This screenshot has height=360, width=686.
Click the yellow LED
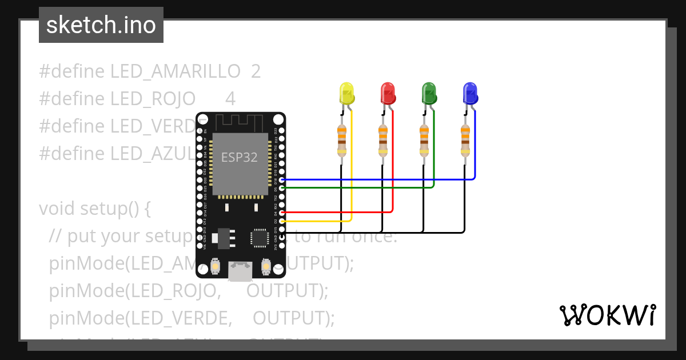346,93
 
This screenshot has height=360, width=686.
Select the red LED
388,93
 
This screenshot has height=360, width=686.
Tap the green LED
429,93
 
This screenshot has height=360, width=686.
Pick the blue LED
470,93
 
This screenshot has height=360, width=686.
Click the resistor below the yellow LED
342,141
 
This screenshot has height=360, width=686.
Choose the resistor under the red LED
383,141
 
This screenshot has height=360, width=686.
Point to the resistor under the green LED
424,141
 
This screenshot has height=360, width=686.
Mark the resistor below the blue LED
465,141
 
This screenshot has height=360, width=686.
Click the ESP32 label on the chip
240,157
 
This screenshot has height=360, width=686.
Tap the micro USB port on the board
240,271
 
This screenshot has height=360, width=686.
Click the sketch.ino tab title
101,25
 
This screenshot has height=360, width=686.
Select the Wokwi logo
607,315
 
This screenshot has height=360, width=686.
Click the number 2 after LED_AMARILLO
256,71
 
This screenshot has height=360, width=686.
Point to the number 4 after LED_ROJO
230,99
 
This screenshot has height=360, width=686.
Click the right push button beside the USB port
265,266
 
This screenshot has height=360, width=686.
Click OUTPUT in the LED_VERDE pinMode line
293,318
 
